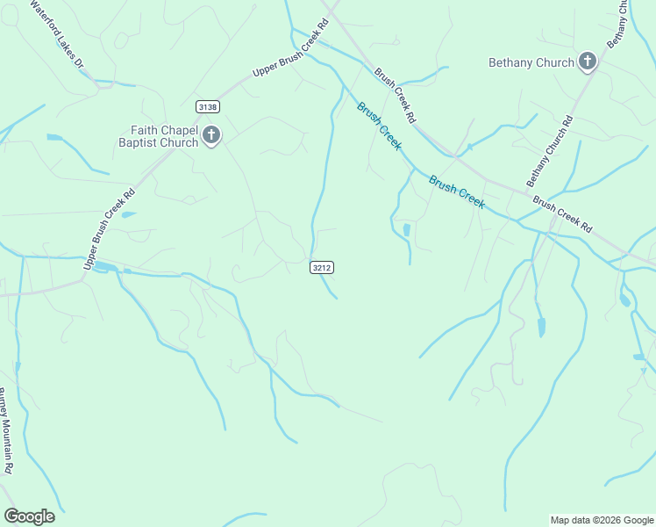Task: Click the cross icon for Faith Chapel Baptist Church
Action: (x=211, y=135)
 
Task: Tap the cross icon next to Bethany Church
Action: (x=588, y=61)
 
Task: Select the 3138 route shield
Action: (x=208, y=106)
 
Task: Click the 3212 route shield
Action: (x=322, y=267)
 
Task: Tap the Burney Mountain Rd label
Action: (x=5, y=430)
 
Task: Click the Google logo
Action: (x=29, y=516)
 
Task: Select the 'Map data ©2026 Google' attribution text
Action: (x=602, y=520)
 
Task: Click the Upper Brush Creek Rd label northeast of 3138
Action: (x=289, y=57)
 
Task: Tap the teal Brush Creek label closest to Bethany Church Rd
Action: (x=457, y=191)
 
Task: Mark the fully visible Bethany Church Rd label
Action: (x=549, y=150)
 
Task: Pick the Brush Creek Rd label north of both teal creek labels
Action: (x=396, y=95)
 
